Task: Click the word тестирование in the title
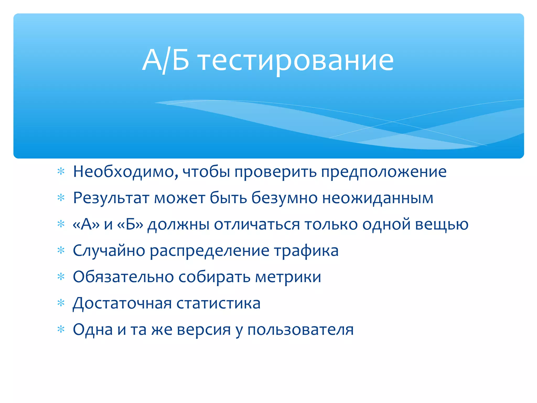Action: click(296, 61)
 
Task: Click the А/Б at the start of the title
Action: click(165, 61)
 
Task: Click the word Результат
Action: click(111, 198)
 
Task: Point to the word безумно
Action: click(284, 198)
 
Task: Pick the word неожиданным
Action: click(378, 198)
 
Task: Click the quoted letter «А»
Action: click(86, 225)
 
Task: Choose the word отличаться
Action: click(257, 225)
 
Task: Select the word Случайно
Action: click(109, 251)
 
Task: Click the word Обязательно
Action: click(123, 277)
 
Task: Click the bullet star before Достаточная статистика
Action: click(61, 303)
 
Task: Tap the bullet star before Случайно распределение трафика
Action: click(61, 251)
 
